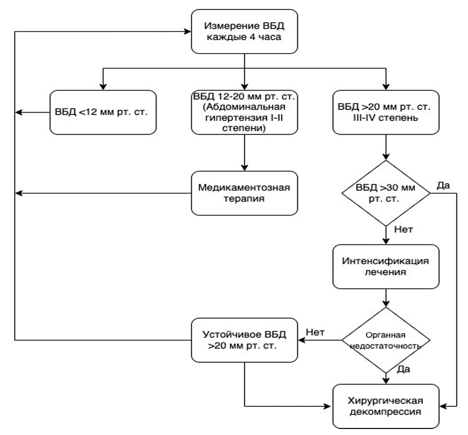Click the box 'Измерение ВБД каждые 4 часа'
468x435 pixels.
(x=244, y=32)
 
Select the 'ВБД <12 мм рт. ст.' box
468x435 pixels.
(x=103, y=112)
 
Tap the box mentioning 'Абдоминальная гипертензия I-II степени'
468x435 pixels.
(x=244, y=112)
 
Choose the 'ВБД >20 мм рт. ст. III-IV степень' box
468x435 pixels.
(x=386, y=112)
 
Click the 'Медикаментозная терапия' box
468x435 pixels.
(x=244, y=193)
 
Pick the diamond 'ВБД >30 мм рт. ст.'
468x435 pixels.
(x=386, y=193)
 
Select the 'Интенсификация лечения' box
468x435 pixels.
(x=386, y=267)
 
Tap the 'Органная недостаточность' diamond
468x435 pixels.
(x=386, y=340)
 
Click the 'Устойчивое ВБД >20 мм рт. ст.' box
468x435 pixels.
(x=244, y=340)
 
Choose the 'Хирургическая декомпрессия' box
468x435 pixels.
(x=386, y=406)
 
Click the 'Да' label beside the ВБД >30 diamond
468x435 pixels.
(x=443, y=185)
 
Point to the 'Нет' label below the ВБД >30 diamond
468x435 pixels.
(x=403, y=229)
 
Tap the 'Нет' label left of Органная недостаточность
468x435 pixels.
(x=315, y=332)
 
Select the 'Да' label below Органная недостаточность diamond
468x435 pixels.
(x=403, y=369)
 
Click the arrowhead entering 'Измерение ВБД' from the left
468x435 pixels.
(x=188, y=32)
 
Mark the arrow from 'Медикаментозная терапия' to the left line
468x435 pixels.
(x=103, y=193)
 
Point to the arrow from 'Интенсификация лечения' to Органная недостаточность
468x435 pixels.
(x=386, y=298)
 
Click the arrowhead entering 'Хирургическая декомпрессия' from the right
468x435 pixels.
(x=443, y=406)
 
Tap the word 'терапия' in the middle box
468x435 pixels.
(x=244, y=199)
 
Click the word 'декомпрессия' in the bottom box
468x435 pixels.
(x=385, y=412)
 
